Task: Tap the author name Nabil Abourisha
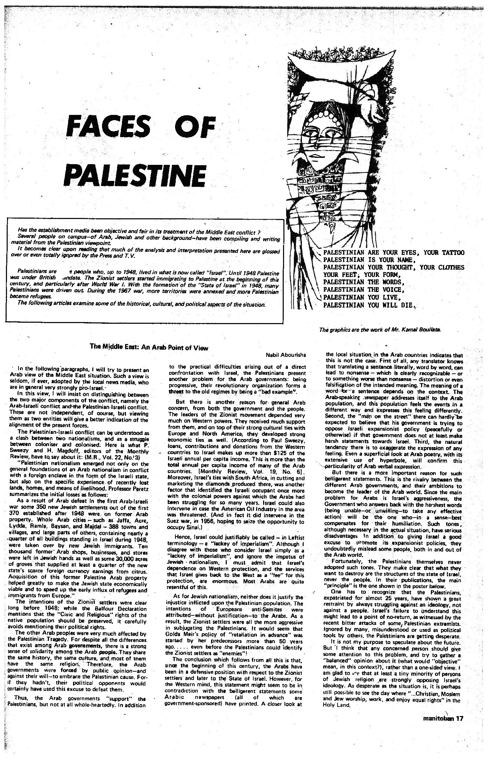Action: click(286, 355)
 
